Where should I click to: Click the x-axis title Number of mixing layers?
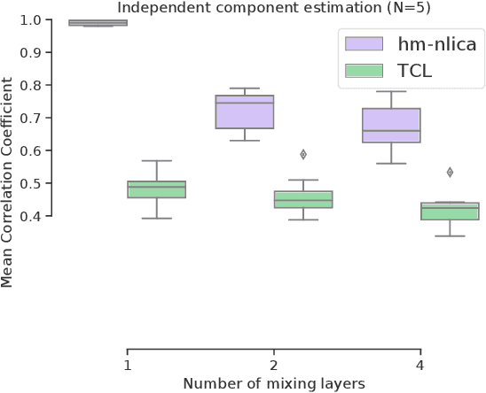coord(274,382)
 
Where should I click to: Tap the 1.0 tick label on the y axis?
coord(30,19)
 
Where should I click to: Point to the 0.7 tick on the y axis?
coord(30,118)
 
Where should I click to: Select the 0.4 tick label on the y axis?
coord(30,216)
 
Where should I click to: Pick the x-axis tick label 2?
coord(274,364)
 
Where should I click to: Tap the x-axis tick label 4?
coord(419,364)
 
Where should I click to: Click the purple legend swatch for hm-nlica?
coord(364,43)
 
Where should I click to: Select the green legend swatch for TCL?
coord(364,71)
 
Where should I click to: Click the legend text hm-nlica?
coord(428,43)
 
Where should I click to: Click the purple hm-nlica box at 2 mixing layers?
coord(245,112)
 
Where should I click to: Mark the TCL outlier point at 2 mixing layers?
coord(302,154)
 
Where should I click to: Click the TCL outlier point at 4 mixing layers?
coord(449,172)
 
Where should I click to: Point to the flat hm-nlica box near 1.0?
coord(98,22)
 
